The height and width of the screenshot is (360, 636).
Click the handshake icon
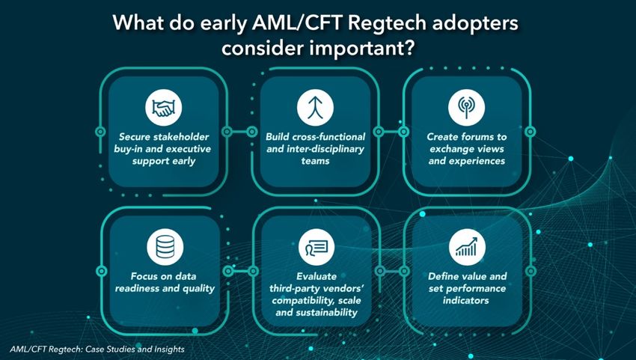tap(163, 108)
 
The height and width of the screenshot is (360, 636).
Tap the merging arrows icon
tap(315, 108)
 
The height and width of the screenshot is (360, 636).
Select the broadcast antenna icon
tap(466, 107)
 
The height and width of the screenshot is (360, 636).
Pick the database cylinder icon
tap(165, 247)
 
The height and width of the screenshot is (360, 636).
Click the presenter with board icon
tap(317, 247)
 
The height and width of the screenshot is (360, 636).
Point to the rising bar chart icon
tap(467, 247)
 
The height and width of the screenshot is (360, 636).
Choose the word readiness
tap(137, 289)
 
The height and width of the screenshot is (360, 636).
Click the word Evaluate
tap(317, 276)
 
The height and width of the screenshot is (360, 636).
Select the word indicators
tap(465, 301)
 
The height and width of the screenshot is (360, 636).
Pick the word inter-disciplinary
tap(325, 149)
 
